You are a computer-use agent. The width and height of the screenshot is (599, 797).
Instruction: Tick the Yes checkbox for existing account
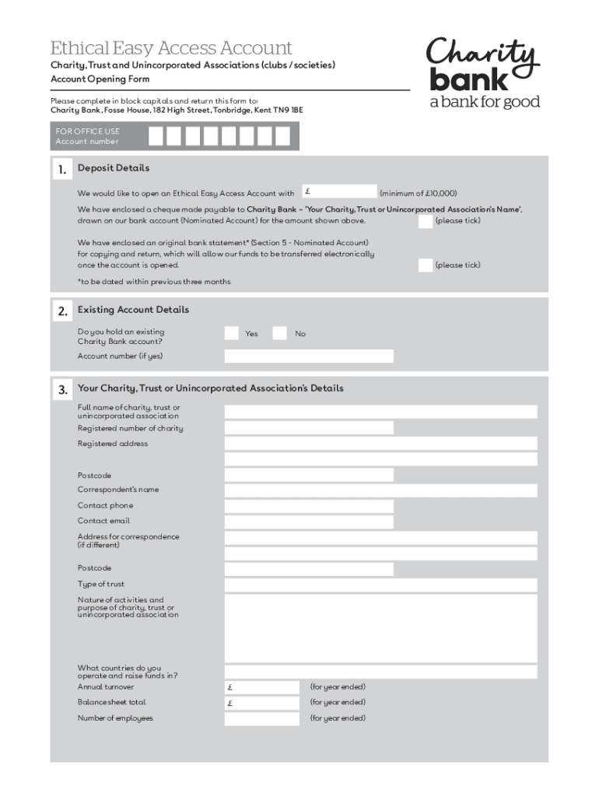click(x=232, y=333)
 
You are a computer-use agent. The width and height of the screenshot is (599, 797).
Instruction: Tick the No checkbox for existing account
click(x=280, y=333)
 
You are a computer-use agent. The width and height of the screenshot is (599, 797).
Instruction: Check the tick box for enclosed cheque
click(x=425, y=221)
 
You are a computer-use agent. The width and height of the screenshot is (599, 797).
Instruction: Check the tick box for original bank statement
click(x=425, y=265)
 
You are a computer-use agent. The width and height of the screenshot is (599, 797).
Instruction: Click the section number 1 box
click(x=62, y=170)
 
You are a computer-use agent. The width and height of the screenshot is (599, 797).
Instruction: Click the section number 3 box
click(x=62, y=390)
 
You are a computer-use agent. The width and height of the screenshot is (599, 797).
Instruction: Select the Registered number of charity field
click(x=309, y=428)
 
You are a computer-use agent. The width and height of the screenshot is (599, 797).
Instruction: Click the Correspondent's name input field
click(x=380, y=490)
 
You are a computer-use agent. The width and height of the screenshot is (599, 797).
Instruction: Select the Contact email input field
click(x=309, y=521)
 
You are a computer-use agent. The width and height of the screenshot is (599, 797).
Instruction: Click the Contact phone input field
click(x=309, y=506)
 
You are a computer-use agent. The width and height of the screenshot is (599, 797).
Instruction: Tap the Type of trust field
click(x=380, y=585)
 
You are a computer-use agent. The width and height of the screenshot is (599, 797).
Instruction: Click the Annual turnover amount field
click(x=262, y=687)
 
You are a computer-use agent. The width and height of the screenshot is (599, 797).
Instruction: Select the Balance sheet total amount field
click(x=262, y=703)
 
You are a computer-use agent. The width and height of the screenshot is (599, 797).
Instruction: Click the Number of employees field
click(x=262, y=718)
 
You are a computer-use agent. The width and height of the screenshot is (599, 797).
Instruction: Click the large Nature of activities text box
click(x=380, y=627)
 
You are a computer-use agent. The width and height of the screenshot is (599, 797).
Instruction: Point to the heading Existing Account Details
click(x=133, y=310)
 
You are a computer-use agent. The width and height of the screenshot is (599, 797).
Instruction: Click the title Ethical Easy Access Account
click(x=171, y=47)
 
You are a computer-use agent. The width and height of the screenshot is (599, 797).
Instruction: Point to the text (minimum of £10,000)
click(x=418, y=193)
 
